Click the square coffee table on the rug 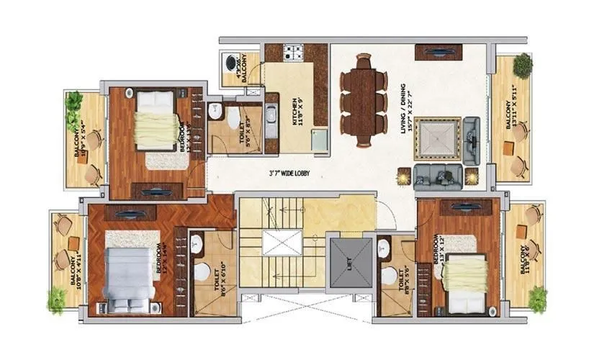tap(436, 140)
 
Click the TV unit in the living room tap(439, 52)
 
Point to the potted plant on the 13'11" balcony tap(523, 65)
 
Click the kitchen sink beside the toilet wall tap(271, 115)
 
